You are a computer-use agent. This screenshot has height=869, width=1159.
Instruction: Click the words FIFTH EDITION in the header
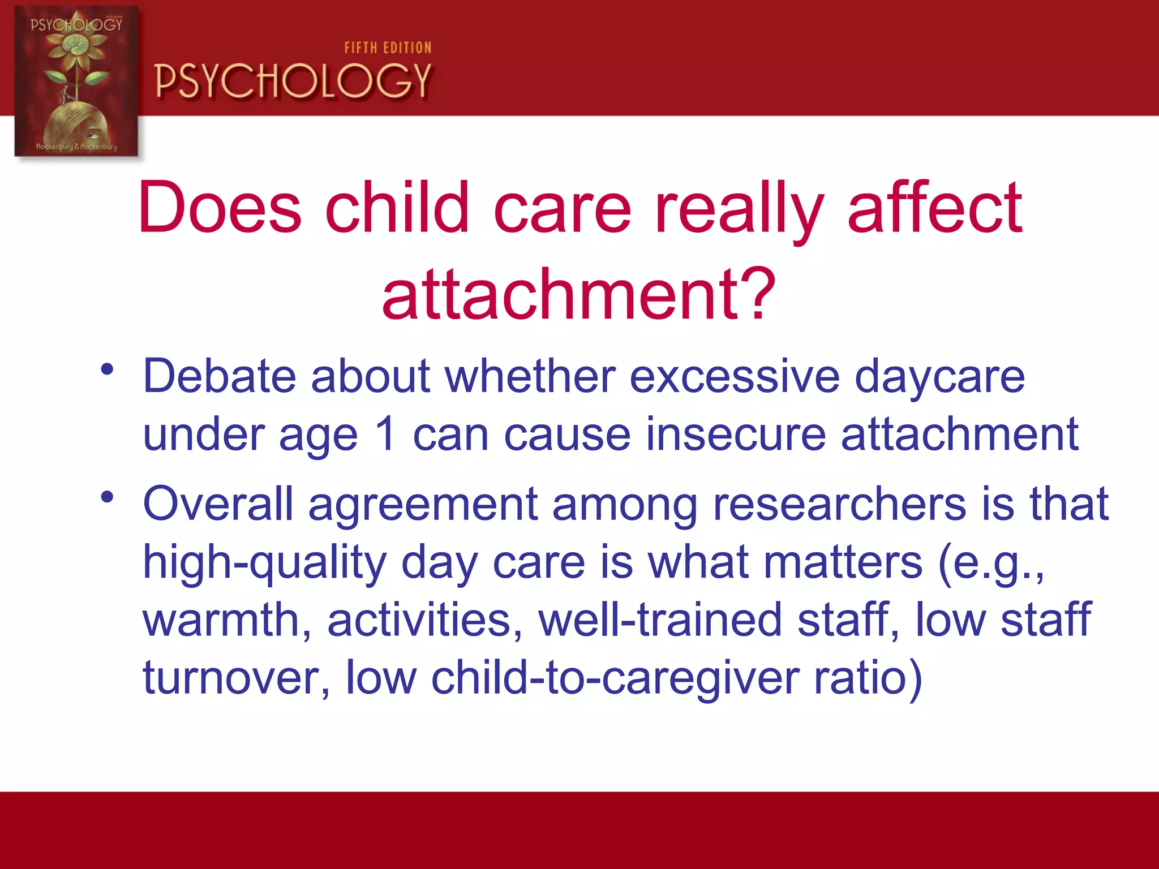tap(388, 48)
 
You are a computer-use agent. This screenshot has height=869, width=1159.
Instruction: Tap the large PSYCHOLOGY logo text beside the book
tap(293, 81)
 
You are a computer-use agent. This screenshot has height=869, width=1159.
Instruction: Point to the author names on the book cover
tap(76, 147)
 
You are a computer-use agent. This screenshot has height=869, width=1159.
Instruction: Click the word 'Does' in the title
tap(220, 208)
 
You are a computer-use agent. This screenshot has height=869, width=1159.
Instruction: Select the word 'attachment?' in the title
tap(578, 294)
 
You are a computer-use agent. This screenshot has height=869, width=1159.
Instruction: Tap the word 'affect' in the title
tap(935, 208)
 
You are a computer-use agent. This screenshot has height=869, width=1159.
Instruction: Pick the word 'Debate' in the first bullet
tap(220, 377)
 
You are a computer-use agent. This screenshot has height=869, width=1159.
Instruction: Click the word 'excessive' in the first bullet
tap(734, 377)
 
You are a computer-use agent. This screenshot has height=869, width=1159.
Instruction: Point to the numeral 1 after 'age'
tap(385, 434)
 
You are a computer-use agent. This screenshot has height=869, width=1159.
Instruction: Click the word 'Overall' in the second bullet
tap(218, 504)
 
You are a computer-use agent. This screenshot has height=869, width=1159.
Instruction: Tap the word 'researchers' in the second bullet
tap(839, 504)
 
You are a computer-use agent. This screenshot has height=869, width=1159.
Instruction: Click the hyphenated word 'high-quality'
tap(264, 563)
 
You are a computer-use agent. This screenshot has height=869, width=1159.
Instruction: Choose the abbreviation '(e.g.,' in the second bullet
tap(990, 563)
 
